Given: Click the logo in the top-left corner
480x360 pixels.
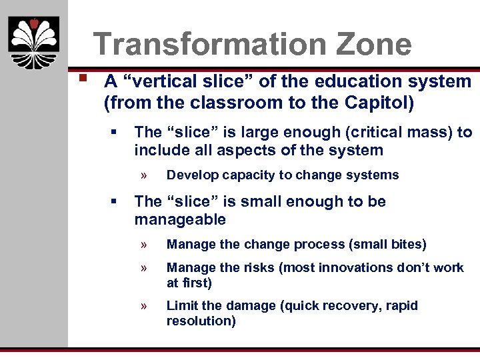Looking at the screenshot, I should coord(33,43).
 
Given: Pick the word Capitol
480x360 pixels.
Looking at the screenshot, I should coord(378,103).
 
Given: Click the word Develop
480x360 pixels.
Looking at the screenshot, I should coord(191,175).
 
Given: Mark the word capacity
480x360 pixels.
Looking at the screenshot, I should coord(245,175).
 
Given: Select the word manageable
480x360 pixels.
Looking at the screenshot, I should coord(180,219).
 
